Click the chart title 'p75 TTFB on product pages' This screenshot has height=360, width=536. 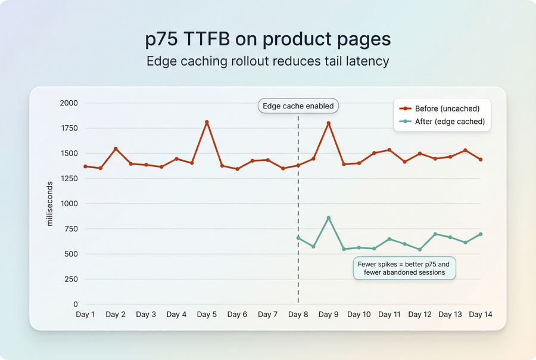click(x=268, y=39)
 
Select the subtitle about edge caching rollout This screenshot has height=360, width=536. click(x=268, y=61)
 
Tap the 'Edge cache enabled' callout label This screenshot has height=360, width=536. click(x=298, y=106)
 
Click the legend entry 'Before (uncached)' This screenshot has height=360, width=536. click(x=447, y=108)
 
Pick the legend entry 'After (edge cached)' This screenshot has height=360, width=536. click(x=450, y=122)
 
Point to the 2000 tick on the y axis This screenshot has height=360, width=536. click(x=69, y=103)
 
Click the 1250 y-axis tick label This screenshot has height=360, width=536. click(x=69, y=178)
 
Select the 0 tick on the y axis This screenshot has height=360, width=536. click(x=75, y=305)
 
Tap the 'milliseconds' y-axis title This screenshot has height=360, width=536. click(x=50, y=204)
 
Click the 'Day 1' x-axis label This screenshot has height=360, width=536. click(x=85, y=315)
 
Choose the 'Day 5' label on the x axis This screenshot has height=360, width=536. click(x=207, y=315)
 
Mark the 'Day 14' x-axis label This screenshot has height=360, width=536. click(x=480, y=315)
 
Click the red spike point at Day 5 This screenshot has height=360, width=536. click(x=207, y=122)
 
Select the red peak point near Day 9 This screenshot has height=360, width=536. click(x=329, y=123)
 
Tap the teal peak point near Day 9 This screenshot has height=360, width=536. click(x=329, y=218)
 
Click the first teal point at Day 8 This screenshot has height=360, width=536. click(x=298, y=238)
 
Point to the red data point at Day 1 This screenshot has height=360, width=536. click(x=85, y=166)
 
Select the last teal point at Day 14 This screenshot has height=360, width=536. click(x=480, y=234)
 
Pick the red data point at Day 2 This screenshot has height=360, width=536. click(x=116, y=149)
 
